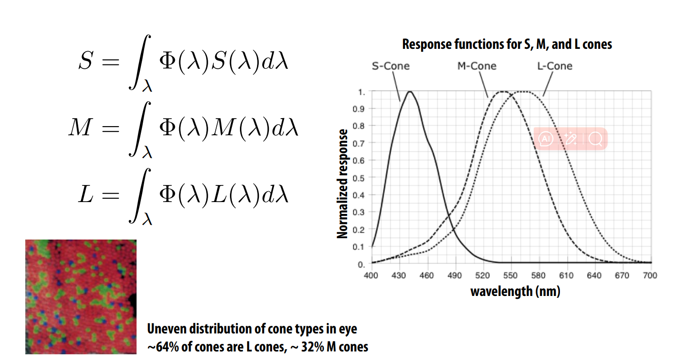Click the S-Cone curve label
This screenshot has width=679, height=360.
390,66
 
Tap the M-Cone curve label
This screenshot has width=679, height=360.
477,66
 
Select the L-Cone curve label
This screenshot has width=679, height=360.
554,66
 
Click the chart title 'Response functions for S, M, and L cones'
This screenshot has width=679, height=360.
507,45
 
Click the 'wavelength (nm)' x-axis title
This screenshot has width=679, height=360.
515,291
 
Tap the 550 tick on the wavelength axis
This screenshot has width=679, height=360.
510,275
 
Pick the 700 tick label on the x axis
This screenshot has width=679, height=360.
650,275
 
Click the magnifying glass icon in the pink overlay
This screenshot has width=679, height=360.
595,139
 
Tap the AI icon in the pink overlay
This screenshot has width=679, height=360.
546,139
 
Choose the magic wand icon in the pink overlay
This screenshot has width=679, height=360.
570,139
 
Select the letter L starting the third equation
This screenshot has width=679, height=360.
85,195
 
